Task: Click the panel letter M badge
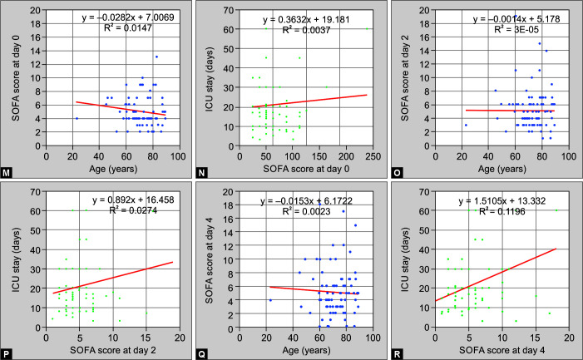tap(6, 173)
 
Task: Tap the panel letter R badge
tap(397, 354)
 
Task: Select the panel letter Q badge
tap(201, 354)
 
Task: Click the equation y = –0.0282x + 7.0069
tap(128, 17)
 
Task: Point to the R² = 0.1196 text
tap(502, 211)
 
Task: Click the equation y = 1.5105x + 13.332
tap(502, 201)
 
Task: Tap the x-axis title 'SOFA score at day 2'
tap(113, 350)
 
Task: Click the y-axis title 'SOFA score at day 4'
tap(210, 261)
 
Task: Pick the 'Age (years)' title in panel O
tap(502, 169)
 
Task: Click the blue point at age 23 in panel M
tap(77, 119)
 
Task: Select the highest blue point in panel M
tap(156, 57)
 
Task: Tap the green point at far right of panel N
tap(367, 28)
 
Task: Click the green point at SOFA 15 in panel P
tap(146, 313)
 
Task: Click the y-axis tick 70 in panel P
tap(35, 192)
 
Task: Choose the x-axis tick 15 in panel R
tap(536, 338)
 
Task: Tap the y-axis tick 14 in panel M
tap(35, 51)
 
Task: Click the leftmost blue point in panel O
tap(466, 126)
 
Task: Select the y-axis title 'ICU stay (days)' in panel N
tap(210, 79)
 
